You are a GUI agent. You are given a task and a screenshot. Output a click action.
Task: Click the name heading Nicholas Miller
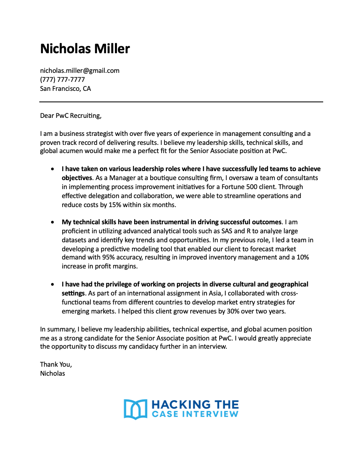click(85, 49)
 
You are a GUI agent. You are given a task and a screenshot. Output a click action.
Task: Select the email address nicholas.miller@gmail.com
click(79, 70)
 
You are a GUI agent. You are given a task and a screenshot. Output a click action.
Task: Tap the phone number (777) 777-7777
click(62, 79)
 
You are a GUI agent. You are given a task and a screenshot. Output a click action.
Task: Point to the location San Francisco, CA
click(65, 88)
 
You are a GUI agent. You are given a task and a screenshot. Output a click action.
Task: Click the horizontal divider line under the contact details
click(181, 102)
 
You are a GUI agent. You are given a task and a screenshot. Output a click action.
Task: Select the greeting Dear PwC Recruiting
click(70, 115)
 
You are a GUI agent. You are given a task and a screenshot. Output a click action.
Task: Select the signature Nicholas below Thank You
click(52, 373)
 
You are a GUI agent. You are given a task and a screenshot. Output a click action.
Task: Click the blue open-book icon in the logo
click(135, 409)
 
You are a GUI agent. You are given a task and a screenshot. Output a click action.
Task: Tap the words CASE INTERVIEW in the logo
click(195, 414)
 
